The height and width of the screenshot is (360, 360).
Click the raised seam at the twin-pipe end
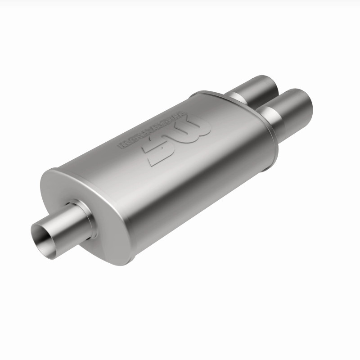click(x=270, y=130)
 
